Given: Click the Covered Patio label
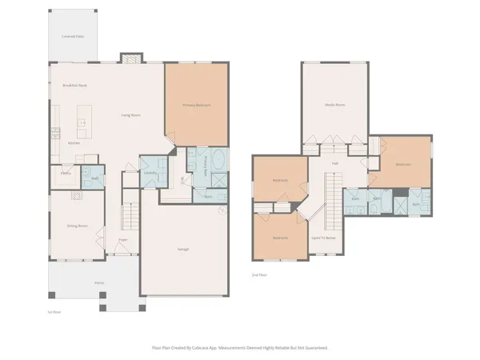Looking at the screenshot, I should [74, 36].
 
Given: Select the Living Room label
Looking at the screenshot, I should [130, 115].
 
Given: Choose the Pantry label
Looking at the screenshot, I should [66, 173].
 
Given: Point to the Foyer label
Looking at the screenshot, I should [123, 239].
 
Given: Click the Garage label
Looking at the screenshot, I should [183, 250].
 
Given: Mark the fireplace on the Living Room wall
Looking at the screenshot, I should [130, 58].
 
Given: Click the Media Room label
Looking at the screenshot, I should [334, 105].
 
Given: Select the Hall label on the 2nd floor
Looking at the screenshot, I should [335, 165].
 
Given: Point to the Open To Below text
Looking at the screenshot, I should [324, 238].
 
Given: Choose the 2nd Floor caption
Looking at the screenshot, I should [259, 274].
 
